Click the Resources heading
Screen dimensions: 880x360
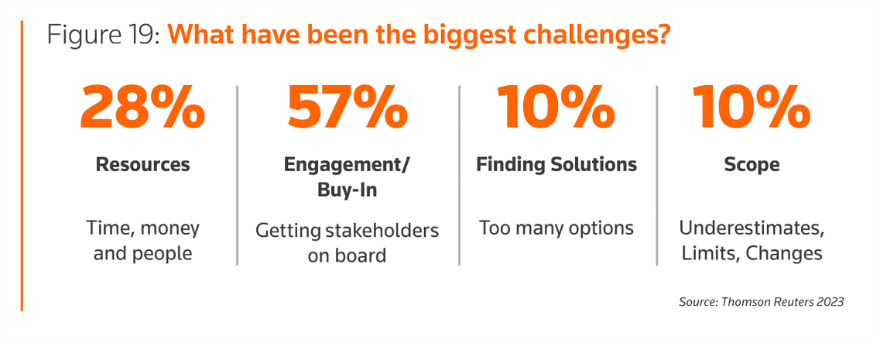[x=142, y=165]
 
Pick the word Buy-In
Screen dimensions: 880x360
[x=348, y=190]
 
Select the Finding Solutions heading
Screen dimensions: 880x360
[x=556, y=165]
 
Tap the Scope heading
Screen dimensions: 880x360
[x=752, y=166]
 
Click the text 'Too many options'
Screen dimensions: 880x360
[x=556, y=228]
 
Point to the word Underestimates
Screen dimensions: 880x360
[x=752, y=229]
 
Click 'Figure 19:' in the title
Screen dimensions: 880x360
[x=104, y=36]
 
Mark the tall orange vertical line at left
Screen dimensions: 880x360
[x=22, y=166]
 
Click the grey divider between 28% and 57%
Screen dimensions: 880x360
[x=238, y=175]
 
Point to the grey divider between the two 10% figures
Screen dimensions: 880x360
[x=656, y=175]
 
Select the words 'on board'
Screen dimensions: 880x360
[x=348, y=255]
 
